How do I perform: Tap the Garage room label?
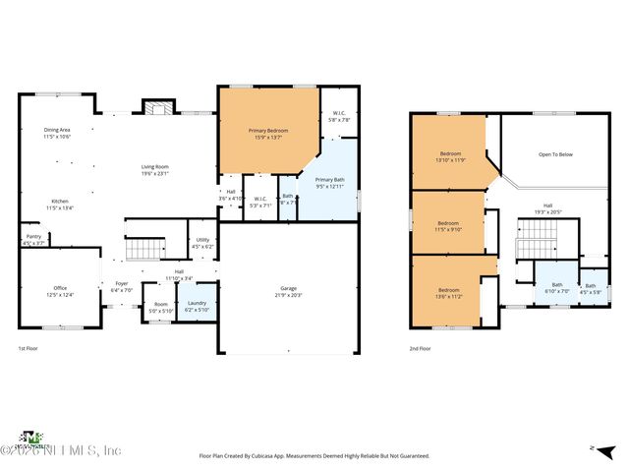tap(288, 289)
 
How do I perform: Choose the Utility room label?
tap(202, 240)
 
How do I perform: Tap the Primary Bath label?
tap(330, 180)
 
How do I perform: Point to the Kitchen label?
tap(61, 202)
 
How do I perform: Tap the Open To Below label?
tap(555, 154)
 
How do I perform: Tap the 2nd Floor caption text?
tap(420, 348)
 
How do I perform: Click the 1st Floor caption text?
tap(29, 348)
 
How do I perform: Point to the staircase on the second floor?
tap(537, 237)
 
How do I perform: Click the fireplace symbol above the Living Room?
tap(158, 107)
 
